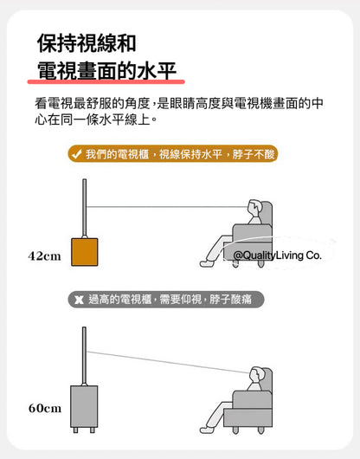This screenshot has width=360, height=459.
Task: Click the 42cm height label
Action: [44, 256]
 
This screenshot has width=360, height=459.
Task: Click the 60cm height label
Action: [45, 408]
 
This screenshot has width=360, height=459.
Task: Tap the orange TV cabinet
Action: [85, 252]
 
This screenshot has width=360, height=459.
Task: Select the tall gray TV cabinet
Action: [84, 406]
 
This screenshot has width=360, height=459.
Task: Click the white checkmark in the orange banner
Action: [76, 154]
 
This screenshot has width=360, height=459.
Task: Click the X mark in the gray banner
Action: [79, 300]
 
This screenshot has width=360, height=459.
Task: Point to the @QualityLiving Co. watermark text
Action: [278, 255]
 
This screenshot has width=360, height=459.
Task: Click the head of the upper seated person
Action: [254, 208]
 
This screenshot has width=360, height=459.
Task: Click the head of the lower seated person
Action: [255, 375]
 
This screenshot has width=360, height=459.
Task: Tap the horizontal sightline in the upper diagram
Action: [167, 207]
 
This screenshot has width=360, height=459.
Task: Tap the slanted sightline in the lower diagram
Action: [168, 362]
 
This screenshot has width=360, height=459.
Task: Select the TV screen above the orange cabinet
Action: [84, 207]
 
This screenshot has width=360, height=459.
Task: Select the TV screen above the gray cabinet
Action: [84, 355]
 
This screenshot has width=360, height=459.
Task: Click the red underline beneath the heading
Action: [106, 81]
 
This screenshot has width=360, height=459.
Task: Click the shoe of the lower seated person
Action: [206, 430]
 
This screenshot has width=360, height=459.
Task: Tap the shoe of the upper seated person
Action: [206, 263]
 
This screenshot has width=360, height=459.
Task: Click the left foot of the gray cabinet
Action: [75, 430]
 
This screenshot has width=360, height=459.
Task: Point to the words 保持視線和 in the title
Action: [87, 43]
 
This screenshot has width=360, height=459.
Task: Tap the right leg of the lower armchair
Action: [260, 430]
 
